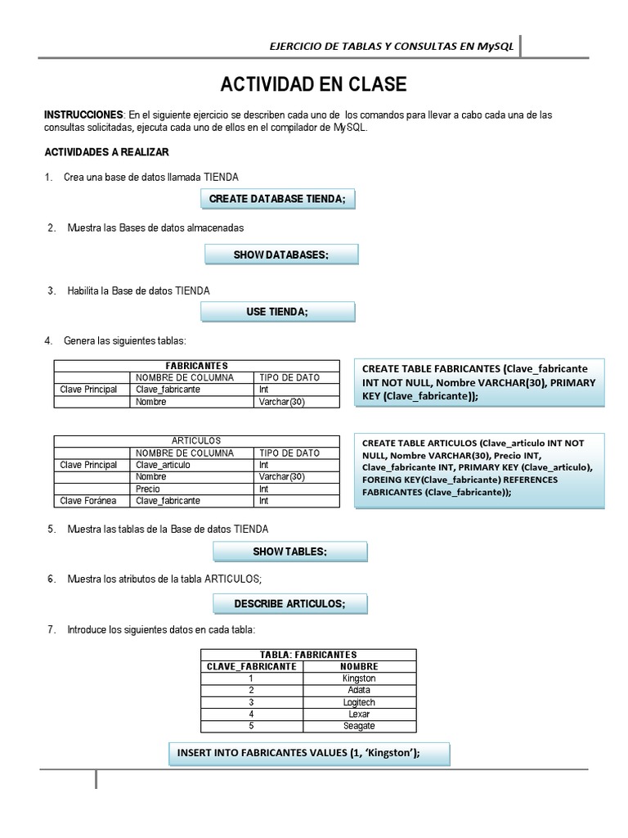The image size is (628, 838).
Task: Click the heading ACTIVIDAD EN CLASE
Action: point(313,85)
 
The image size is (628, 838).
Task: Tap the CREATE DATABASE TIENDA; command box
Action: point(278,199)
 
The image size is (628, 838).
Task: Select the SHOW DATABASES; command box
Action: point(280,255)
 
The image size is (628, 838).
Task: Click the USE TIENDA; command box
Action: point(277,312)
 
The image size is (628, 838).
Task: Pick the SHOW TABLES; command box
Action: point(289,552)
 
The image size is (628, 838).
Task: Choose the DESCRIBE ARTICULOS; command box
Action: point(289,604)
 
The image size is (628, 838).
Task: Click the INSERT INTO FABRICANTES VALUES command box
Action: point(309,754)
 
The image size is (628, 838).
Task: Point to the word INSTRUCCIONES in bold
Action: point(83,115)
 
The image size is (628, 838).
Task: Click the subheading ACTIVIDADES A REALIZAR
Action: point(106,152)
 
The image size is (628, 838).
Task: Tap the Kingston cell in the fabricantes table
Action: point(359,678)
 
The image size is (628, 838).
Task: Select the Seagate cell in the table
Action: point(359,726)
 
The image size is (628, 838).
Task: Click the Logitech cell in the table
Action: point(359,702)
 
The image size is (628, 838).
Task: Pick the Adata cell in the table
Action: point(359,690)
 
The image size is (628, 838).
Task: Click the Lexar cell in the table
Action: point(359,714)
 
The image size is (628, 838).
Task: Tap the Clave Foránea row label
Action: point(89,501)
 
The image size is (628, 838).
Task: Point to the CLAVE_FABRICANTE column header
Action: point(251,666)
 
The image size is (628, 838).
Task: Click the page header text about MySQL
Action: point(392,47)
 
